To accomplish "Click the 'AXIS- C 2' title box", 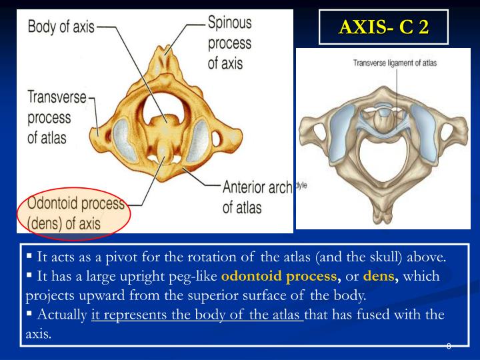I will (x=383, y=27).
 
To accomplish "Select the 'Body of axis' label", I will (x=61, y=28).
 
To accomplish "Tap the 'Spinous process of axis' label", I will (x=230, y=43).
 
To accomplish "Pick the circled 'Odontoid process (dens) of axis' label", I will (x=72, y=213).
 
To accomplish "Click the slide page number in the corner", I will (x=449, y=346).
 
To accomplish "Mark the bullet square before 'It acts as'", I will (x=29, y=256).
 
